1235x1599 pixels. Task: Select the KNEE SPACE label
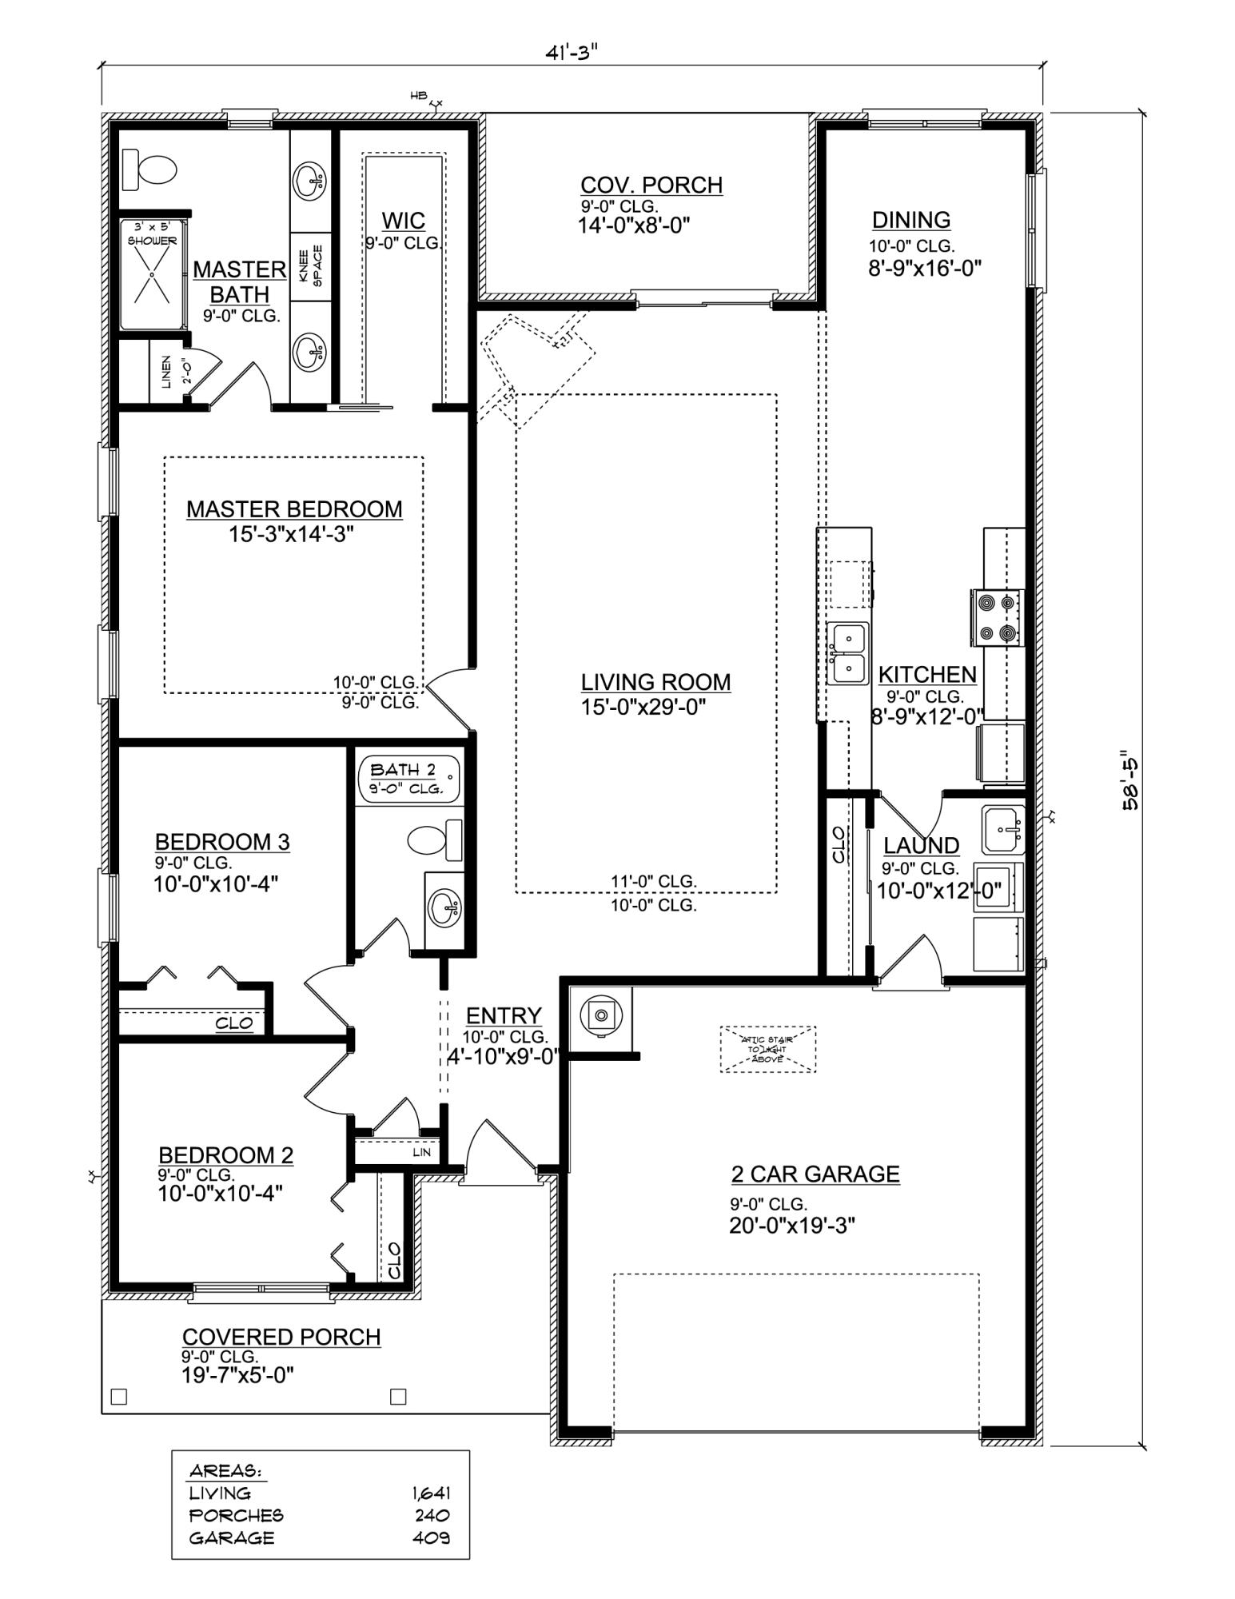(x=310, y=266)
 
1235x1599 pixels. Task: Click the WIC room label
(x=403, y=221)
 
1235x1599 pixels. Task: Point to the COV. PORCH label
(x=651, y=185)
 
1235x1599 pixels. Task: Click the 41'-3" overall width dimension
(x=572, y=53)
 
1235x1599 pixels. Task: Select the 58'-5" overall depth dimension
(x=1130, y=781)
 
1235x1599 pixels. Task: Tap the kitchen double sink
(x=847, y=653)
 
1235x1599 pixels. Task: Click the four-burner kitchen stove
(x=998, y=617)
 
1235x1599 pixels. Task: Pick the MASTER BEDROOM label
(x=294, y=509)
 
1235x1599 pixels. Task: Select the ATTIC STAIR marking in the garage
(x=767, y=1049)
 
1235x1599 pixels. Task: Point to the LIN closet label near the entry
(x=421, y=1152)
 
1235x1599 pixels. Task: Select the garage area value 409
(x=431, y=1537)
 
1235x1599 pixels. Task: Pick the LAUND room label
(x=921, y=845)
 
